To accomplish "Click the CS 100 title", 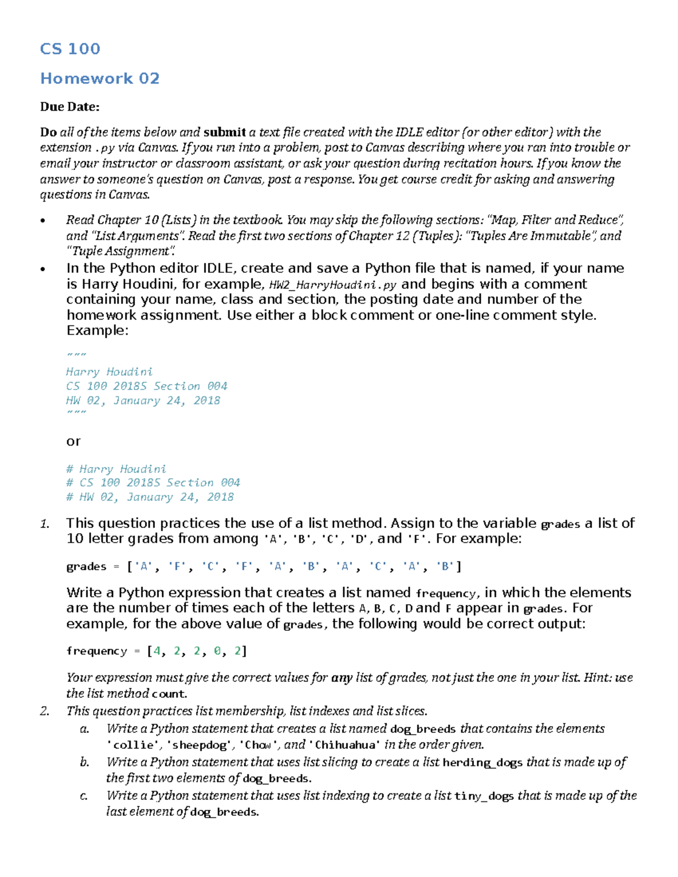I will pos(70,49).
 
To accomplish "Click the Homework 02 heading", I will pos(100,78).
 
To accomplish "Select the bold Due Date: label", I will pos(69,107).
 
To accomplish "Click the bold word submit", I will pos(224,132).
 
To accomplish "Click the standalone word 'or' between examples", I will pos(73,441).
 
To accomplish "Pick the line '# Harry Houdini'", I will pos(116,469).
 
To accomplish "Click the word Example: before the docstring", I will pos(97,330).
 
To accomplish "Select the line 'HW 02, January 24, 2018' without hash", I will pos(143,400).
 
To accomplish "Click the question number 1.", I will pos(45,523).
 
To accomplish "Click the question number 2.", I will pos(45,711).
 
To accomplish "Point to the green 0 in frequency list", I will pos(218,651).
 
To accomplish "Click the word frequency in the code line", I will pos(96,651).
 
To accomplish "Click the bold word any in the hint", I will pos(342,678).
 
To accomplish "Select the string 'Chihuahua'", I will pos(345,745).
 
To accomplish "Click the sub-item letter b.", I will pos(84,762).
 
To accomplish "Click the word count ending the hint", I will pos(169,694).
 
